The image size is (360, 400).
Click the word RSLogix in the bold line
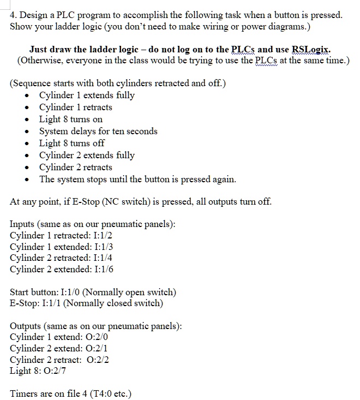pyautogui.click(x=311, y=49)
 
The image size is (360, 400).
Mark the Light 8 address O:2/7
pyautogui.click(x=51, y=371)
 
